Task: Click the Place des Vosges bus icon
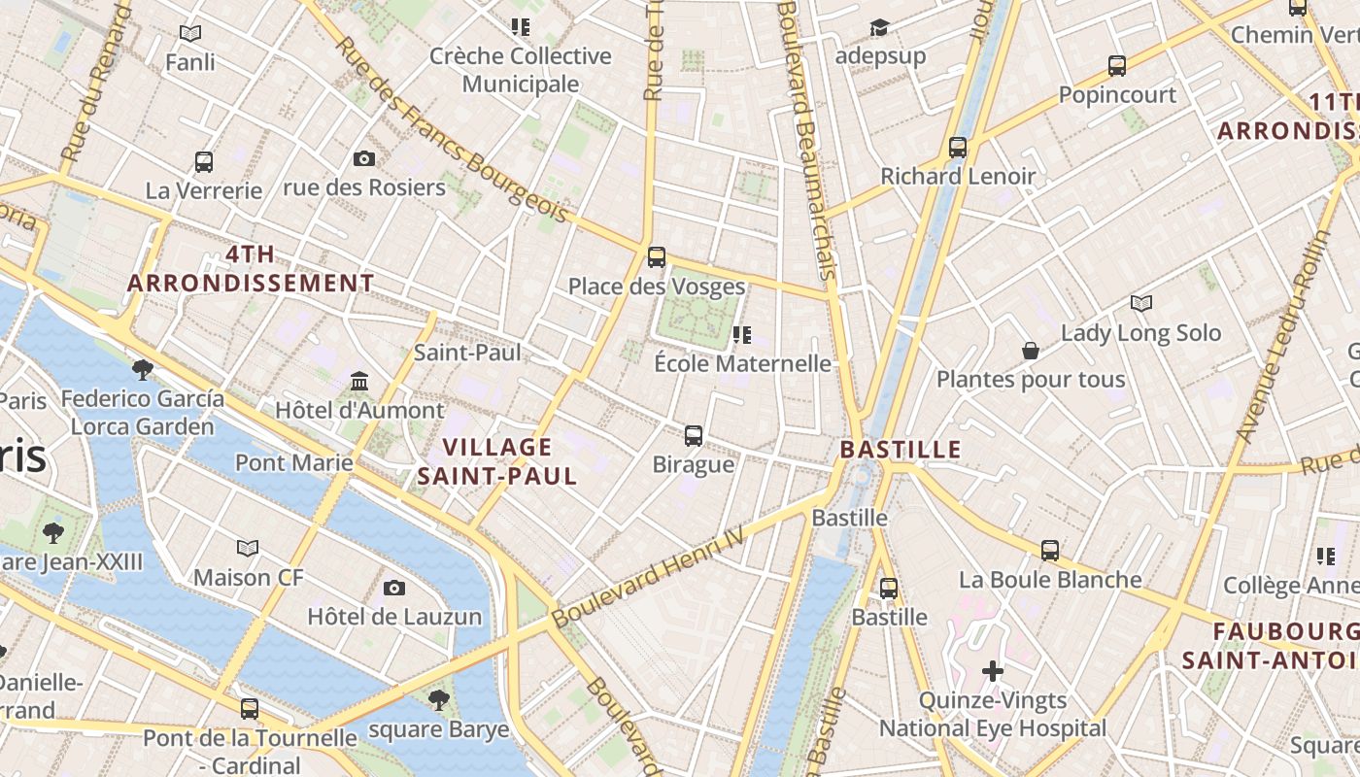pos(657,257)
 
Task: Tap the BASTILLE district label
pos(901,450)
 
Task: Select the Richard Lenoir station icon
pos(958,148)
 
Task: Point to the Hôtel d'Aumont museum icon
pos(359,381)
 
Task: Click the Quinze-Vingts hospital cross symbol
pos(992,671)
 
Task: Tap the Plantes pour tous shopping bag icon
pos(1031,351)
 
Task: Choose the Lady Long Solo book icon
pos(1141,304)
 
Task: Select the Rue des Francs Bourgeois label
pos(452,131)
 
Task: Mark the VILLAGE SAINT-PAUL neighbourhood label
pos(497,461)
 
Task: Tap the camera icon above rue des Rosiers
pos(364,158)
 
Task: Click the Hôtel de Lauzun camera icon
pos(394,588)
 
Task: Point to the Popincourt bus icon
pos(1117,66)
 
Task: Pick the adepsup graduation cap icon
pos(880,27)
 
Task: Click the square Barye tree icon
pos(439,699)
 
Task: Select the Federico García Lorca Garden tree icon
pos(142,369)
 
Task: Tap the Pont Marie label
pos(293,462)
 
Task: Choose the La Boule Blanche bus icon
pos(1050,551)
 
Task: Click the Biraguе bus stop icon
pos(694,435)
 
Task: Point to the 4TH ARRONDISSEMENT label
pos(251,269)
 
